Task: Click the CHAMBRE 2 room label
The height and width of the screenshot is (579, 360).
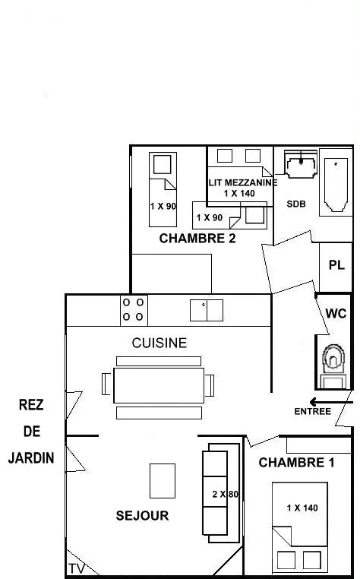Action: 197,239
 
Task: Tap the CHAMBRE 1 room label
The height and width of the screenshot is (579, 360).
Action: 296,462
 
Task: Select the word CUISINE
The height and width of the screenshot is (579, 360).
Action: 159,343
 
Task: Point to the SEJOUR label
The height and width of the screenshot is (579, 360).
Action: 142,515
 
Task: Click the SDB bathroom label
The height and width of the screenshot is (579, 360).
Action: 296,204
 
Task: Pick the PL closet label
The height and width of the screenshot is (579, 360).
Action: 336,264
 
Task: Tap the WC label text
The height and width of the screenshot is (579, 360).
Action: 336,314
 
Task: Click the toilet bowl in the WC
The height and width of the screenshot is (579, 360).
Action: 333,359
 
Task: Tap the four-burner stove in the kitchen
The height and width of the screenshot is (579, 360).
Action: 134,310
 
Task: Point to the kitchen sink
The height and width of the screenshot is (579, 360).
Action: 207,310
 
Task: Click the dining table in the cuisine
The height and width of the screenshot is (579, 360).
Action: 159,385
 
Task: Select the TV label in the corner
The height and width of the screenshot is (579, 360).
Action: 77,569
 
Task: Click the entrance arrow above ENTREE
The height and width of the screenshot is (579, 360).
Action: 331,402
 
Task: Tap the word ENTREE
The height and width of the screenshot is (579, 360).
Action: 312,411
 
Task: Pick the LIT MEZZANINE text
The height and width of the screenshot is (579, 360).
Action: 242,183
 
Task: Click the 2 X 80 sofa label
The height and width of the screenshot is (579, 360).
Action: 226,494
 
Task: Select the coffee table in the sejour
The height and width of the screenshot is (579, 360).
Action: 163,481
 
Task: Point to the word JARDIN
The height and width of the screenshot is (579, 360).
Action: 31,458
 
